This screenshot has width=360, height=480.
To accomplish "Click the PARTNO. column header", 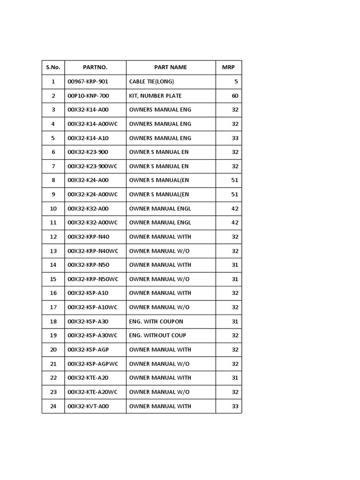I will [x=95, y=67].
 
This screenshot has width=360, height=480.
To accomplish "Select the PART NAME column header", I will [x=171, y=67].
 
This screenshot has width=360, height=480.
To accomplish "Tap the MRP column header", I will [x=228, y=67].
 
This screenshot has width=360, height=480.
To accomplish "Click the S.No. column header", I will [x=53, y=67].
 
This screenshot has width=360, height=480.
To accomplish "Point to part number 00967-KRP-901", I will [x=88, y=82].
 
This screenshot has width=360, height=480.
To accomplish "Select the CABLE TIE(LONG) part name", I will [x=151, y=82].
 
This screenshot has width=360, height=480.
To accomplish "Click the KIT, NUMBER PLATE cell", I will [x=155, y=96].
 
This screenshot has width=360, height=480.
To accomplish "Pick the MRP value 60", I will [x=235, y=96].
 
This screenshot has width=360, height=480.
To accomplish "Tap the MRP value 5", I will [x=236, y=82].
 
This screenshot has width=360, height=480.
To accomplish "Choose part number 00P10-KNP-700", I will [x=88, y=96].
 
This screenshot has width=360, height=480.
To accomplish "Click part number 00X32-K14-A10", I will [x=88, y=138].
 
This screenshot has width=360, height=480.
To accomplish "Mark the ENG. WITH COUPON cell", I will [x=156, y=322].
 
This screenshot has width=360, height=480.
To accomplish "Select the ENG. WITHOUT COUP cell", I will [x=157, y=336].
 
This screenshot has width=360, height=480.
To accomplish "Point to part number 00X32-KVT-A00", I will [x=88, y=406].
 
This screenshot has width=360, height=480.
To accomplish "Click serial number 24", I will [x=53, y=406].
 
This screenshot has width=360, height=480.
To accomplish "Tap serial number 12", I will [x=53, y=237].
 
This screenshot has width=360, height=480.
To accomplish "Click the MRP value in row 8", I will [x=235, y=180].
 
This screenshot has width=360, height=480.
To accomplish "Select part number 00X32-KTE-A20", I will [x=88, y=378].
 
